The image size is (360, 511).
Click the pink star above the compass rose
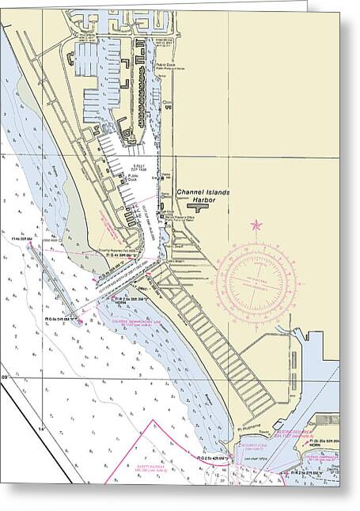point(256,226)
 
